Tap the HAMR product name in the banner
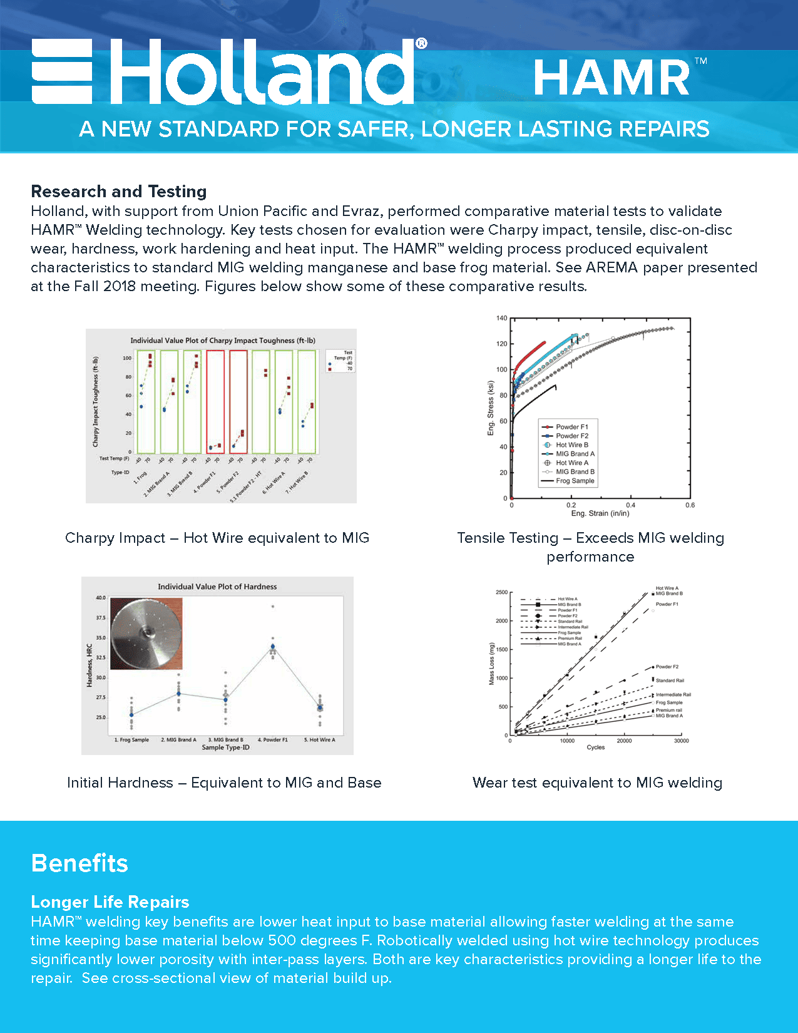[611, 79]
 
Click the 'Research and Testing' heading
[119, 192]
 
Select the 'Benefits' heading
[79, 863]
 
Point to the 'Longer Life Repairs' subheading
[110, 902]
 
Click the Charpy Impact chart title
[223, 341]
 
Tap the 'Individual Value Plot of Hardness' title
[217, 587]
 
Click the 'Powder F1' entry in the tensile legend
[571, 427]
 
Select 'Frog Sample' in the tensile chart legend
[575, 481]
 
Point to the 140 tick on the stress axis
[502, 318]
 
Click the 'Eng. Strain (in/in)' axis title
[600, 513]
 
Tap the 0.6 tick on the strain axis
[690, 505]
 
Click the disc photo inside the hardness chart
[146, 633]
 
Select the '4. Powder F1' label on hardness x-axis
[273, 740]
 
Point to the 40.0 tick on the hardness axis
[101, 598]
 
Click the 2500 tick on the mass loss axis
[501, 592]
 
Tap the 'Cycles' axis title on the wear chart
[595, 748]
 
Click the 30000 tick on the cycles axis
[681, 741]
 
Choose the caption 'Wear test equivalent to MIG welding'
[597, 783]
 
